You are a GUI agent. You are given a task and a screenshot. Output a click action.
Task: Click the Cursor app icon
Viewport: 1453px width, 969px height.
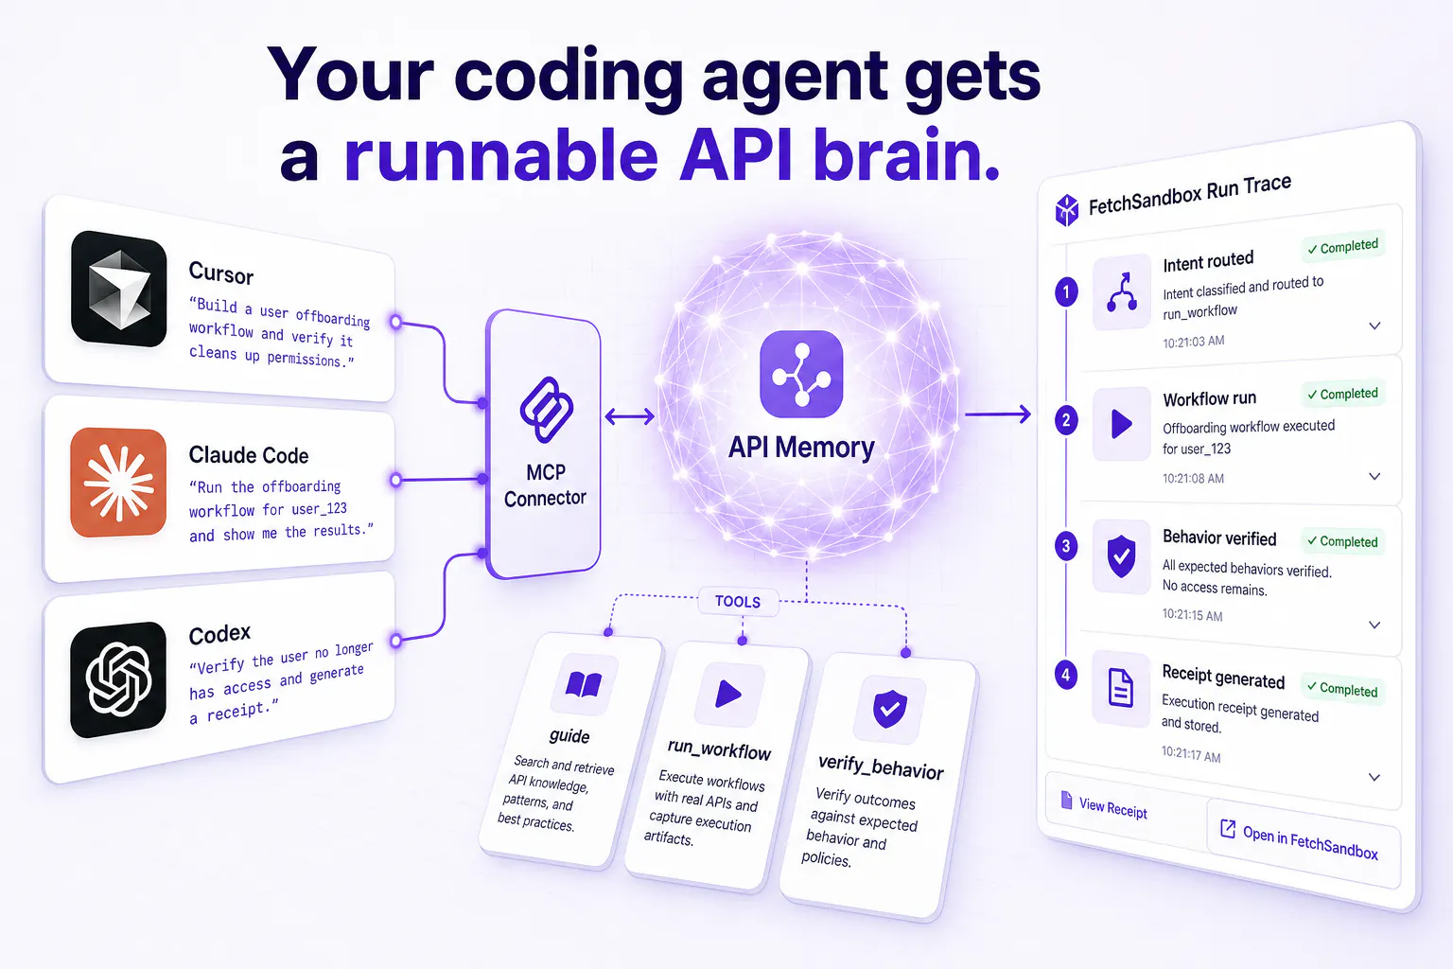[118, 289]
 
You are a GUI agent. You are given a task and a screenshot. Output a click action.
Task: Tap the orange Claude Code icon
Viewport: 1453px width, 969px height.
[118, 483]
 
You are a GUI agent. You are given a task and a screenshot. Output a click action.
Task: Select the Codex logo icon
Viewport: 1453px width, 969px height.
[118, 679]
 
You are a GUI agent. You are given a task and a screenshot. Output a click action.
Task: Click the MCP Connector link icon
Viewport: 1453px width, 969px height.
[546, 410]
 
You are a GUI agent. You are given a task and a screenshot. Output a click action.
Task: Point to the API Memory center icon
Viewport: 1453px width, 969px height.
[802, 374]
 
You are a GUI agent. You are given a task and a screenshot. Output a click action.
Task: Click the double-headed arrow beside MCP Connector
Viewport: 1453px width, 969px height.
[629, 416]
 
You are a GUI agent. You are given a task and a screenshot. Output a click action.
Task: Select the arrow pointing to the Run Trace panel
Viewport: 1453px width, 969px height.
[998, 414]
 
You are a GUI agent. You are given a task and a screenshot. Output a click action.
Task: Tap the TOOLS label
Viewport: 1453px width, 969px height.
[738, 602]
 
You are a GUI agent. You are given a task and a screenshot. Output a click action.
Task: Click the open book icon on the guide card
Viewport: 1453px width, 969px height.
[584, 685]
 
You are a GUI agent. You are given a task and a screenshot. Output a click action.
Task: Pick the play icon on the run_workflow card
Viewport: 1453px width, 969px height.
[727, 695]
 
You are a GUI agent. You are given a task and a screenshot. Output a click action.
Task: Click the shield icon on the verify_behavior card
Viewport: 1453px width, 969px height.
[889, 709]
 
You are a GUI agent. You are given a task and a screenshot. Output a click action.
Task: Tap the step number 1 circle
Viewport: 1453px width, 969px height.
[1066, 292]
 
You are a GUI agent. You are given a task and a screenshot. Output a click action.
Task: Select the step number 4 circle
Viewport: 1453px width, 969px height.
[1066, 675]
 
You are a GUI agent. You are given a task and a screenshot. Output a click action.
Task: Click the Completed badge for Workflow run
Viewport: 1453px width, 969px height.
[1342, 394]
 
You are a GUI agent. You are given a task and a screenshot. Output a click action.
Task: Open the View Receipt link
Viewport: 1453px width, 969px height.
[1105, 806]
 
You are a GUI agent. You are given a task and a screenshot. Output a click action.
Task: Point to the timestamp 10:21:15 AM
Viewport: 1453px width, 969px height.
[1192, 615]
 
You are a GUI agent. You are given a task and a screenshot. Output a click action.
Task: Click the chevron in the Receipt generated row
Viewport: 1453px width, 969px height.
[1374, 777]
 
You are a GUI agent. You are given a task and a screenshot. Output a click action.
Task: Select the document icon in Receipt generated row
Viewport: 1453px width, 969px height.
[1121, 688]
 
